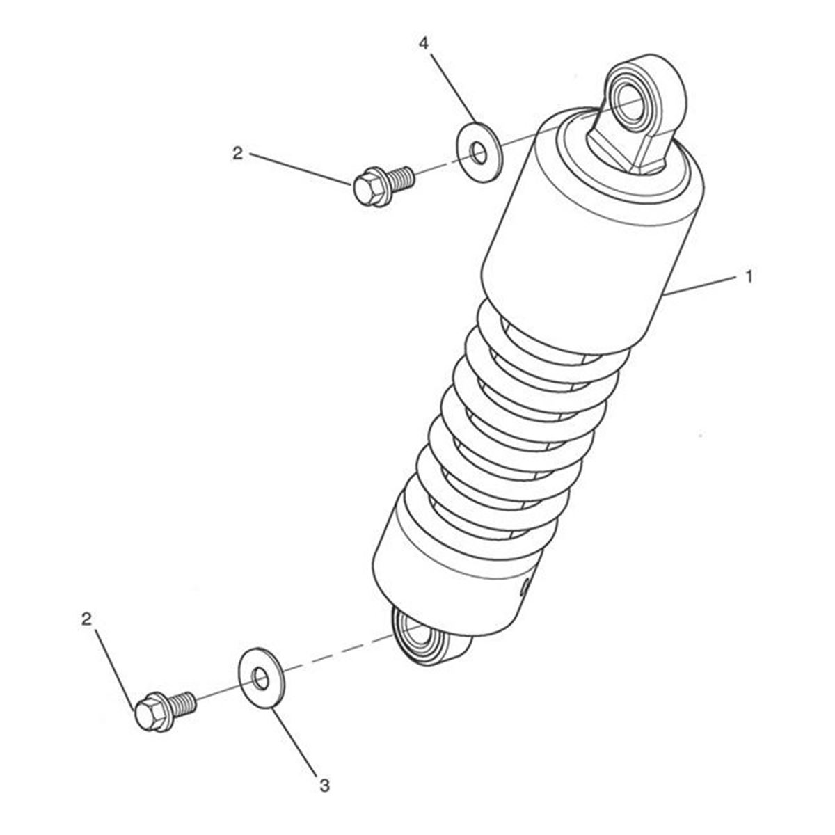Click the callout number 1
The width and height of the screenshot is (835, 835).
tap(748, 276)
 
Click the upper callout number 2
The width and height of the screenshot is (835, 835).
tap(237, 153)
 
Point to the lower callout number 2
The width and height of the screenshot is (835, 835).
tap(87, 619)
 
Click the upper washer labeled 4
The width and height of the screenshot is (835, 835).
tap(479, 152)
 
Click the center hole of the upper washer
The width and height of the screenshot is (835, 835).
tap(479, 152)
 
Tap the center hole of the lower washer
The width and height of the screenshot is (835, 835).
tap(261, 678)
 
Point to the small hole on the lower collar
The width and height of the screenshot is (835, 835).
tap(525, 588)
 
